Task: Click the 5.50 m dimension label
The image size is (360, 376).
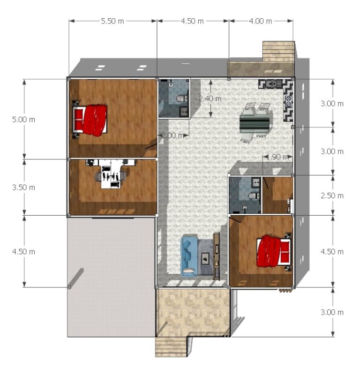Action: coord(112,21)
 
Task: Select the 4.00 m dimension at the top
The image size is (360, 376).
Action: coord(260,21)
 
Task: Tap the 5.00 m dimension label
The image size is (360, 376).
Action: coord(24,120)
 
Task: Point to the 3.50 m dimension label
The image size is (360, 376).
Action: coord(24,187)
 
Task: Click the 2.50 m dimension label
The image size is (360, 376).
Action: coord(332,196)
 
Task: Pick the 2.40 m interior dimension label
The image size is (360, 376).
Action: coord(210,98)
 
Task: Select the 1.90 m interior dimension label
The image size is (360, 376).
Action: coord(277,157)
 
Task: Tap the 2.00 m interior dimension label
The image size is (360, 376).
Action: coord(172,135)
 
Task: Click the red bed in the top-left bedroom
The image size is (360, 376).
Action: coord(90,120)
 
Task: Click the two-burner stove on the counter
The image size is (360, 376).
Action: coord(288,101)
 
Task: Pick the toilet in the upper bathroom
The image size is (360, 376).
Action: coord(182,98)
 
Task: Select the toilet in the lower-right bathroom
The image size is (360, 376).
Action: coord(254,196)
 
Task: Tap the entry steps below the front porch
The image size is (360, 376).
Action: coord(171,347)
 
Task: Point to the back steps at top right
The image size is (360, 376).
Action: coord(278,51)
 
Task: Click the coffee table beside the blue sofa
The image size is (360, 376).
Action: coord(205,258)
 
